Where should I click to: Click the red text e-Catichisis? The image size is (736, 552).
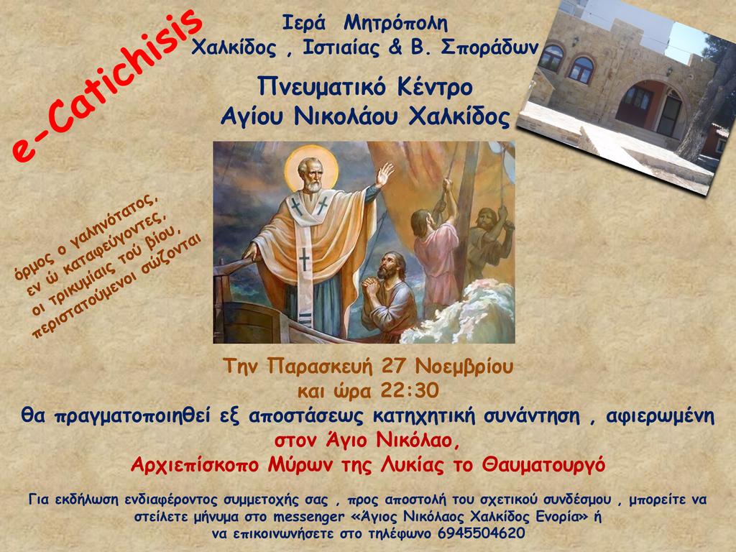pyautogui.click(x=107, y=85)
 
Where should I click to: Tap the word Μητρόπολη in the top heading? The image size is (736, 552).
pyautogui.click(x=396, y=24)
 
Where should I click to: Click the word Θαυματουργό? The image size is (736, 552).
pyautogui.click(x=543, y=465)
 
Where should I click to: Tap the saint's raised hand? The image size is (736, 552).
pyautogui.click(x=385, y=175)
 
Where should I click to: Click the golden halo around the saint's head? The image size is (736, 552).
pyautogui.click(x=312, y=168)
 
